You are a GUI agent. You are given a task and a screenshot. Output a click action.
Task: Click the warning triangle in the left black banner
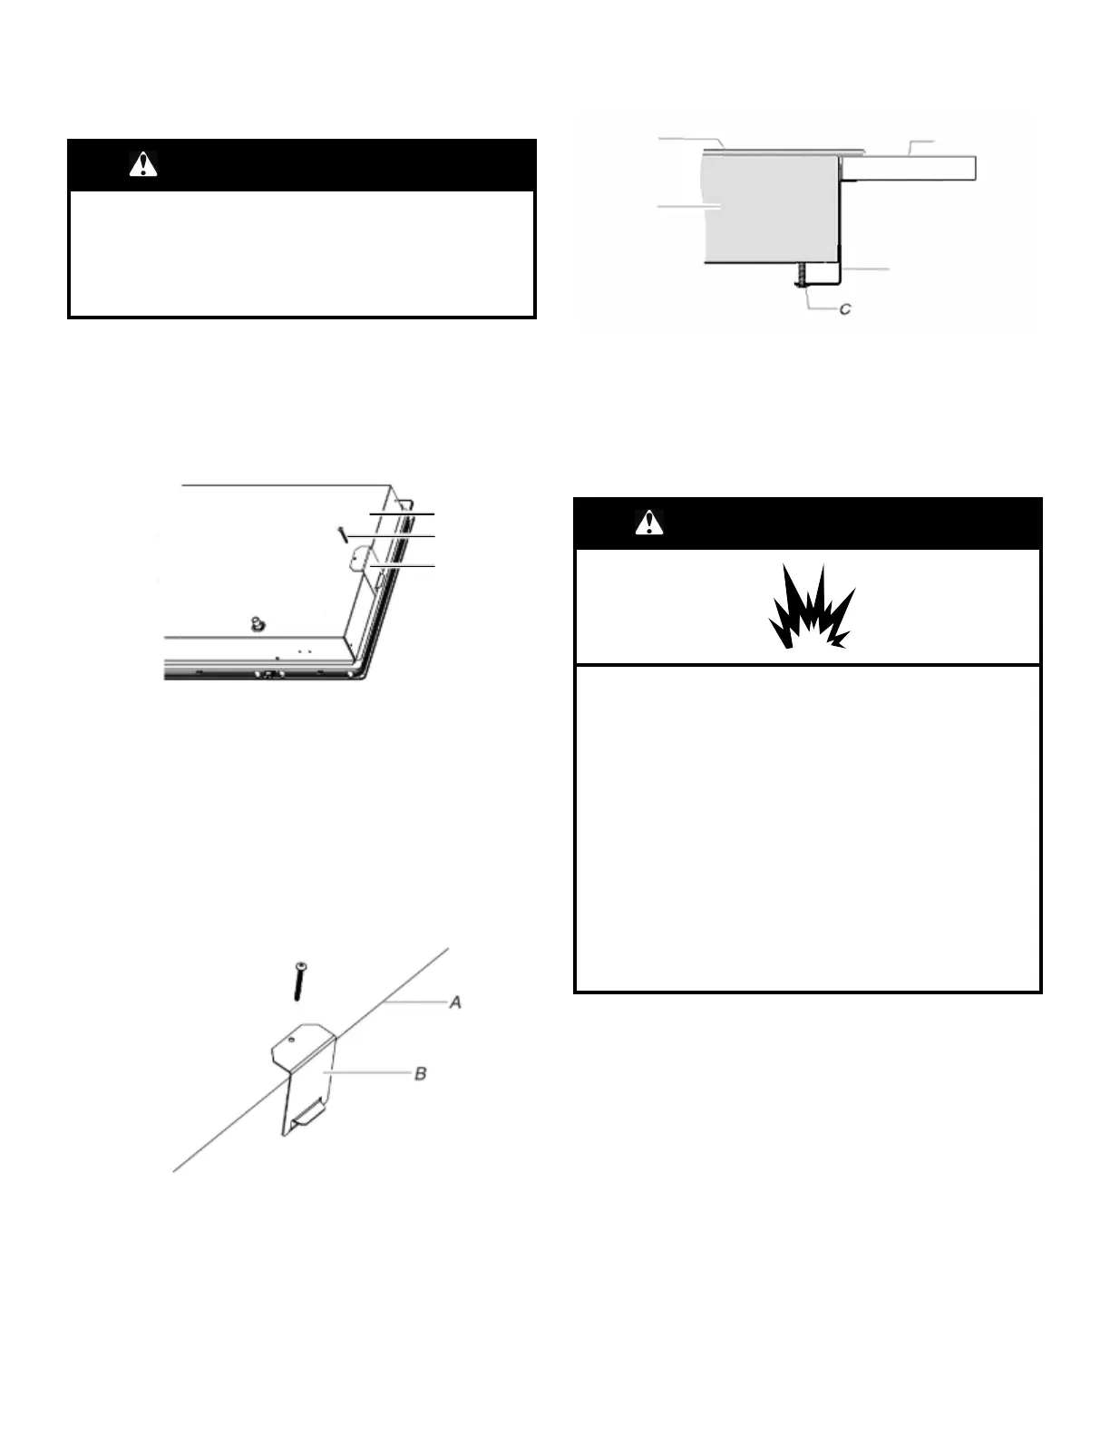[x=143, y=164]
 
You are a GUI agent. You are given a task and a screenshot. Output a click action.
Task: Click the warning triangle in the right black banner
[x=649, y=523]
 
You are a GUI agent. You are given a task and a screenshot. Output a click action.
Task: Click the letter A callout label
[x=456, y=1002]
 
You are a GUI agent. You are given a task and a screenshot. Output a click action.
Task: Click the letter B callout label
[x=420, y=1074]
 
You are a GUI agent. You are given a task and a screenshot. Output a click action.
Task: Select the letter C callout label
[x=845, y=309]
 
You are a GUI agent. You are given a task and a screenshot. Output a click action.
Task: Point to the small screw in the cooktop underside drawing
[x=343, y=535]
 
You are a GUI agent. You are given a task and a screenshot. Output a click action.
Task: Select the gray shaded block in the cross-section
[x=771, y=209]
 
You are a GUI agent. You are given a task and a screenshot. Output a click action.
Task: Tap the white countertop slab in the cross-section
[x=907, y=167]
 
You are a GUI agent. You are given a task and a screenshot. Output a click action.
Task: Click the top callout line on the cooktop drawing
[x=402, y=513]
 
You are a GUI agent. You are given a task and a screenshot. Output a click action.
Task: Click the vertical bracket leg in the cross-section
[x=841, y=227]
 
